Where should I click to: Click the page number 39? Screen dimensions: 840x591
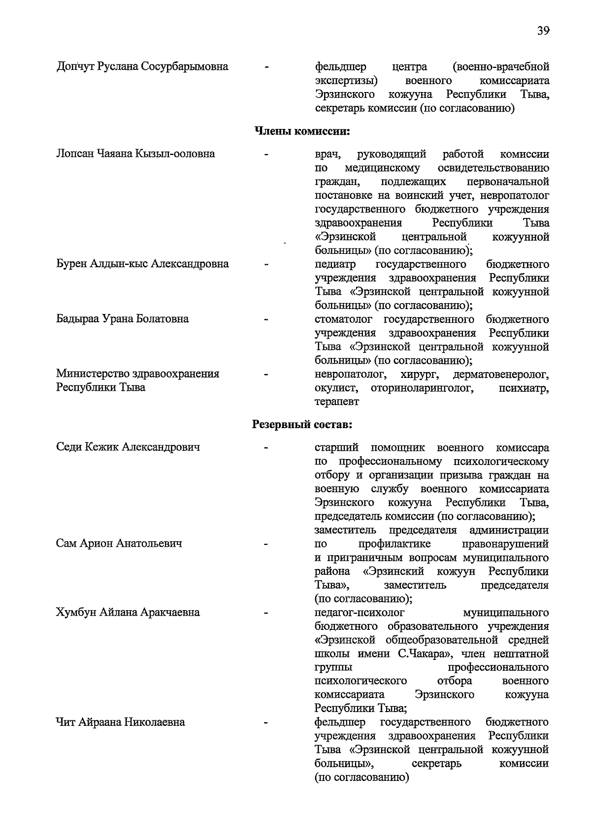543,31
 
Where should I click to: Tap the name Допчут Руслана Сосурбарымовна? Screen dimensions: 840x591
142,66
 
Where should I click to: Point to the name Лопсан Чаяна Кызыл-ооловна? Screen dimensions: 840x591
135,154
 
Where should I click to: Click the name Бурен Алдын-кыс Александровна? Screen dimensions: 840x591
142,264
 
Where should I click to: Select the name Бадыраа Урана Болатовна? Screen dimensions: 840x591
122,319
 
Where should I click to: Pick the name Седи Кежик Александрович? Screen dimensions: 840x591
128,448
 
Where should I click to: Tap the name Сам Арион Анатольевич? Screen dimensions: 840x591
119,544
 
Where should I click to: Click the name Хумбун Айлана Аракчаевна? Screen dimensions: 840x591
128,613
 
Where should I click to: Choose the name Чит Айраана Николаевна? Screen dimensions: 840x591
121,723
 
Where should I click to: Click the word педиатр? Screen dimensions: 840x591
335,265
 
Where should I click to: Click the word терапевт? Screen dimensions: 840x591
337,402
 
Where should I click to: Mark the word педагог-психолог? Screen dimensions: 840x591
359,613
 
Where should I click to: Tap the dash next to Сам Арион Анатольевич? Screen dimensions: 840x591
266,544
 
